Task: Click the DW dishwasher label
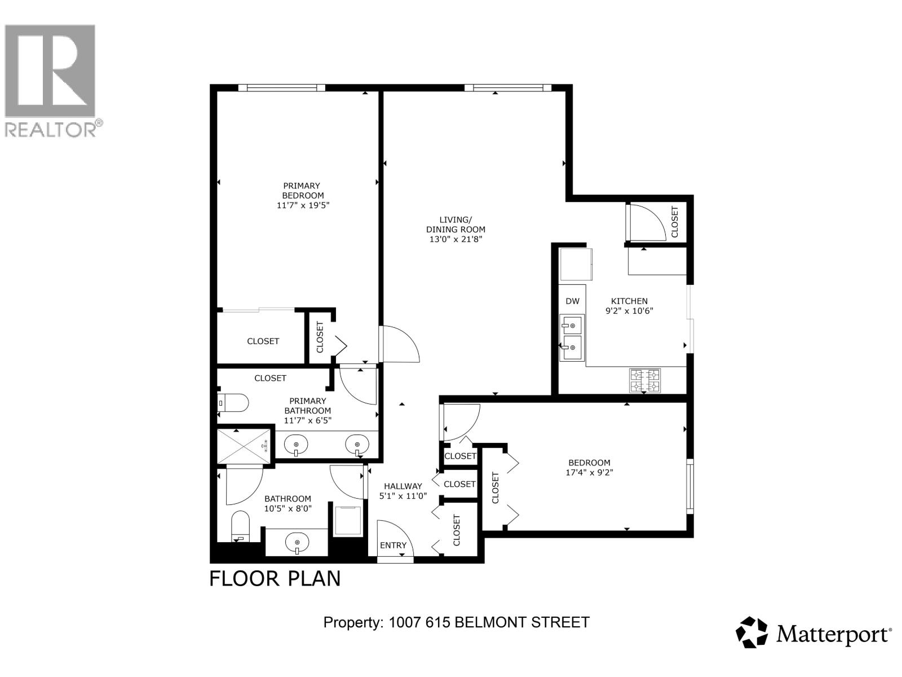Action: (x=572, y=301)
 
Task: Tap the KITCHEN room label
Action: (x=629, y=301)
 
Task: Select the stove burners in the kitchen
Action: (x=645, y=381)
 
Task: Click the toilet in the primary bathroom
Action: (x=233, y=403)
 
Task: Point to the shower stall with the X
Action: (x=244, y=447)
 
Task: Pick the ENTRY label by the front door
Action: (x=393, y=546)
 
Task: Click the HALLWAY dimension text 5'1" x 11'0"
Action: (x=403, y=496)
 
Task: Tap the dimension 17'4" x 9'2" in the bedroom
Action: (x=589, y=473)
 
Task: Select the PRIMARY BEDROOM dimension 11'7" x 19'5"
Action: (x=303, y=205)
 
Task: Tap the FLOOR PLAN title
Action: (x=275, y=579)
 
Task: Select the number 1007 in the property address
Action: (x=405, y=622)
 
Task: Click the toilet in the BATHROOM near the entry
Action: (x=240, y=526)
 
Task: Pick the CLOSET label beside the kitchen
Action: (x=674, y=222)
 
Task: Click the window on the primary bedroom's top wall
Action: (x=281, y=87)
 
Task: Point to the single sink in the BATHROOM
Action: (x=297, y=540)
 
